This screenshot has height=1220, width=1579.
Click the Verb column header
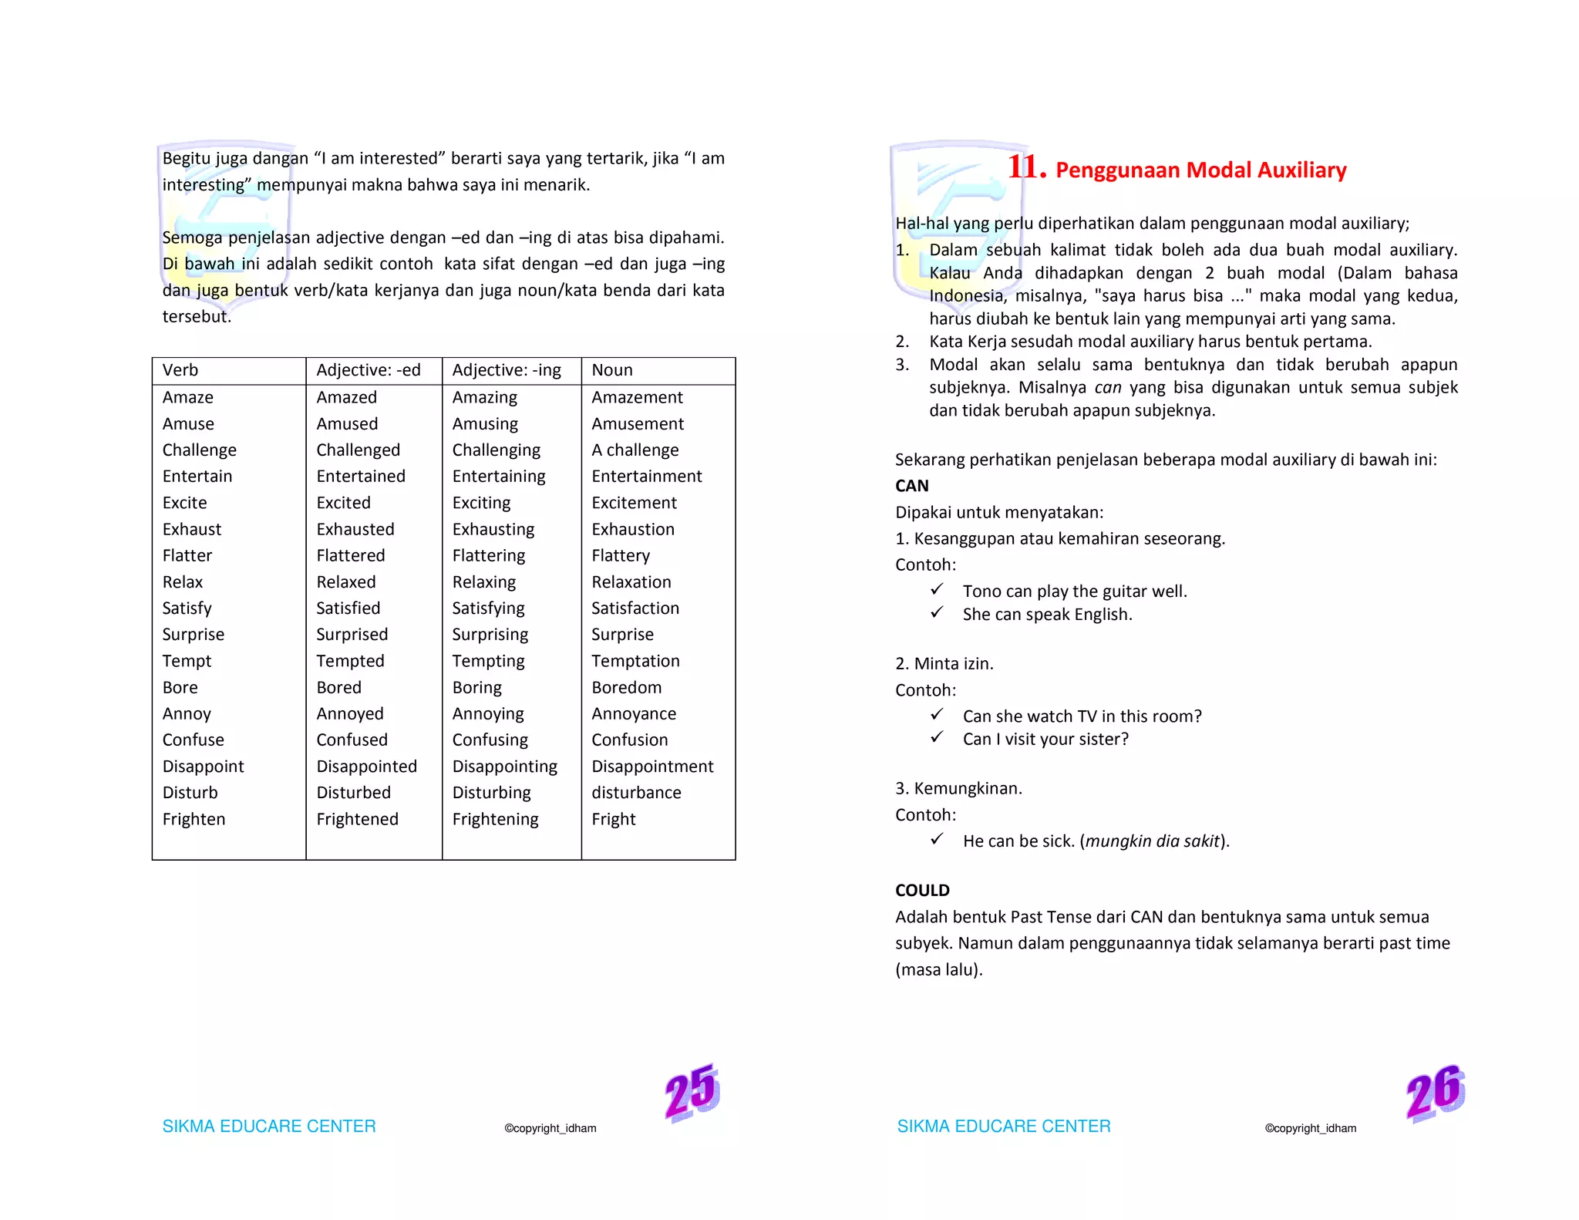pos(180,370)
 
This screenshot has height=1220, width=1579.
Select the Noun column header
pos(611,370)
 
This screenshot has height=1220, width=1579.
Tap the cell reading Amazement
pos(637,397)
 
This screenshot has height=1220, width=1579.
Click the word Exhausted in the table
pos(355,529)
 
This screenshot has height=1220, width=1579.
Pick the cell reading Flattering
pos(488,555)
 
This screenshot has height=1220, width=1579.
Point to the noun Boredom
pos(626,687)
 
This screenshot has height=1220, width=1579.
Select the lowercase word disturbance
pos(636,793)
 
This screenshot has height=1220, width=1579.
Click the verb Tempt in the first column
pos(187,661)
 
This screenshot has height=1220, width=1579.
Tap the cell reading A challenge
pos(635,450)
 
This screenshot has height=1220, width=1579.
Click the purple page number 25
pos(692,1092)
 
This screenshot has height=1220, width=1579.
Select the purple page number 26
pos(1435,1092)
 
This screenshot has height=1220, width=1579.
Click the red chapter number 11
pos(1026,167)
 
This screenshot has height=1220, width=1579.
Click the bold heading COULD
pos(922,890)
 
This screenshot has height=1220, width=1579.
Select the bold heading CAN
pos(911,486)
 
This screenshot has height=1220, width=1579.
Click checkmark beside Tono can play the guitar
pos(937,589)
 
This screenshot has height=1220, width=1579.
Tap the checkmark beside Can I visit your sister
pos(937,737)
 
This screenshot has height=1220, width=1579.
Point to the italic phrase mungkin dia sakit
pos(1153,841)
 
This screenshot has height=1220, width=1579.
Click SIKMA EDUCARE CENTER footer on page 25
pos(269,1126)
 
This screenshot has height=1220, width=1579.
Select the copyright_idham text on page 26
pos(1310,1128)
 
